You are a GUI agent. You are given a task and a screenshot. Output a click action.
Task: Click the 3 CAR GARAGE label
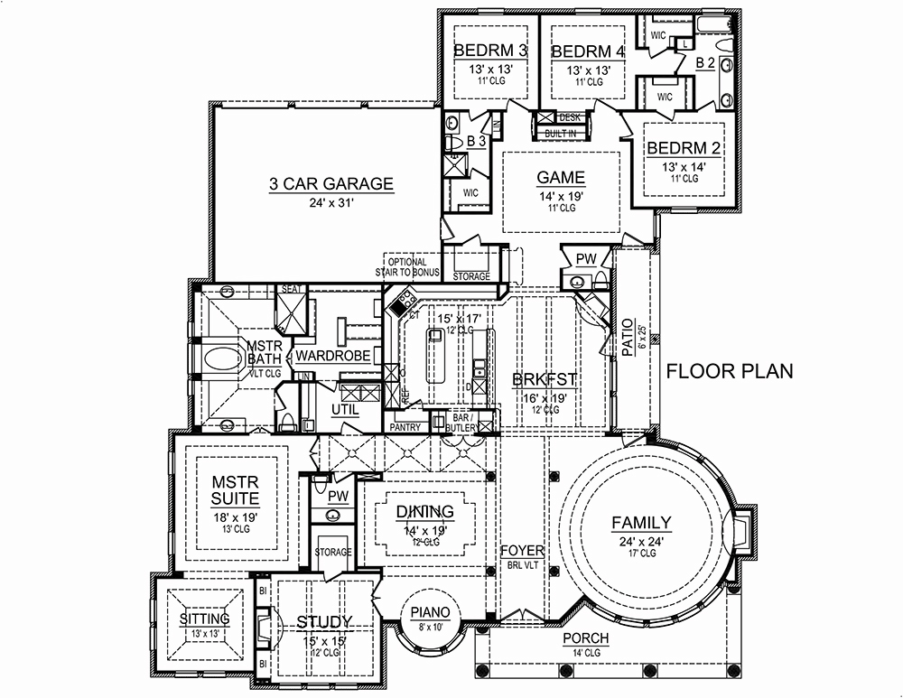pos(330,184)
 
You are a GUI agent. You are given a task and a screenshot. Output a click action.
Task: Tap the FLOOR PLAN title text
pos(730,370)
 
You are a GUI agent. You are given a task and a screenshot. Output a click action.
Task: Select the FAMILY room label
pos(641,522)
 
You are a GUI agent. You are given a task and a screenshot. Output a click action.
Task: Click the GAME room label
pos(561,177)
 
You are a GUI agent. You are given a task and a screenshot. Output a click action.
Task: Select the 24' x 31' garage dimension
pos(330,203)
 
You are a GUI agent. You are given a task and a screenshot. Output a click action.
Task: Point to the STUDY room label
pos(324,621)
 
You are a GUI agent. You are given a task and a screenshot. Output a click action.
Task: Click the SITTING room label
pos(204,619)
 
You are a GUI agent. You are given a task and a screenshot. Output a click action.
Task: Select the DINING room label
pos(424,513)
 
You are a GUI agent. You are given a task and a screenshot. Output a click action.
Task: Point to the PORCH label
pos(586,638)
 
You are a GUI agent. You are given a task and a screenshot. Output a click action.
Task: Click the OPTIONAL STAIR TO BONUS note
pos(407,268)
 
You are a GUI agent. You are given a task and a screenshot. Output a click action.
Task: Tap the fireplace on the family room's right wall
pos(739,530)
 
